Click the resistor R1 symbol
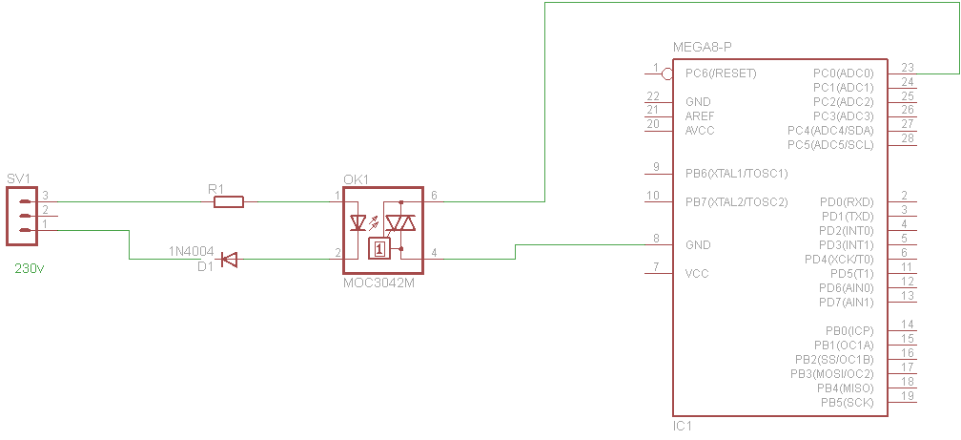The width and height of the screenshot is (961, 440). click(x=229, y=201)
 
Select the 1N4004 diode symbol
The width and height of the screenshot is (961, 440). click(x=229, y=260)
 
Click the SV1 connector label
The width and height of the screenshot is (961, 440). click(x=18, y=178)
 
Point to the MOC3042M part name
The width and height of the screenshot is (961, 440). click(x=376, y=283)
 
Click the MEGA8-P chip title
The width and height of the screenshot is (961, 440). click(x=702, y=48)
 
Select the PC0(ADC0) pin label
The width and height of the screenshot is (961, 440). click(x=844, y=73)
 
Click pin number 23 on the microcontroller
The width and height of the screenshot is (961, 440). click(x=908, y=67)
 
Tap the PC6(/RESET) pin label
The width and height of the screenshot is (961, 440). click(x=721, y=73)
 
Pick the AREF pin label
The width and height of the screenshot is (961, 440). click(x=700, y=116)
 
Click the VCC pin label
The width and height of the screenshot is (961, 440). click(x=697, y=274)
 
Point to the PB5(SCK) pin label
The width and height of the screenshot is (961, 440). click(x=847, y=403)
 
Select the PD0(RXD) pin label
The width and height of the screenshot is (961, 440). click(x=847, y=202)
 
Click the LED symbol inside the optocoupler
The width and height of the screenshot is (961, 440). click(x=358, y=222)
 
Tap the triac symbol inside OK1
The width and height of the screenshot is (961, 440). click(x=400, y=222)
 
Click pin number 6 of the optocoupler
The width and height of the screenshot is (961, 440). click(x=434, y=195)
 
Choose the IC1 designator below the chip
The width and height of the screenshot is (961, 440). click(x=684, y=426)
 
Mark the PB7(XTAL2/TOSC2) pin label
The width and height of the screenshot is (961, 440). click(x=736, y=202)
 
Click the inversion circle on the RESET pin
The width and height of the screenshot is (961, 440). click(x=667, y=73)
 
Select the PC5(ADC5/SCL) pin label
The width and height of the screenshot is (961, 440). click(x=830, y=145)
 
